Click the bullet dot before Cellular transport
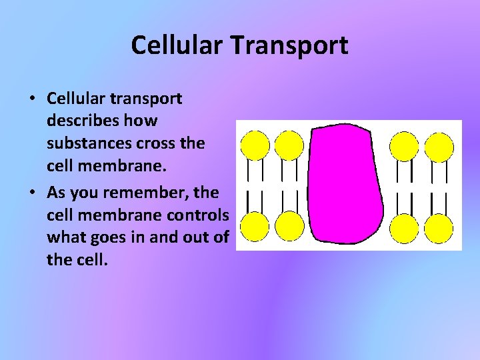click(32, 99)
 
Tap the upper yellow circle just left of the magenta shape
click(289, 145)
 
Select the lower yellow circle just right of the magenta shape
click(404, 227)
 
